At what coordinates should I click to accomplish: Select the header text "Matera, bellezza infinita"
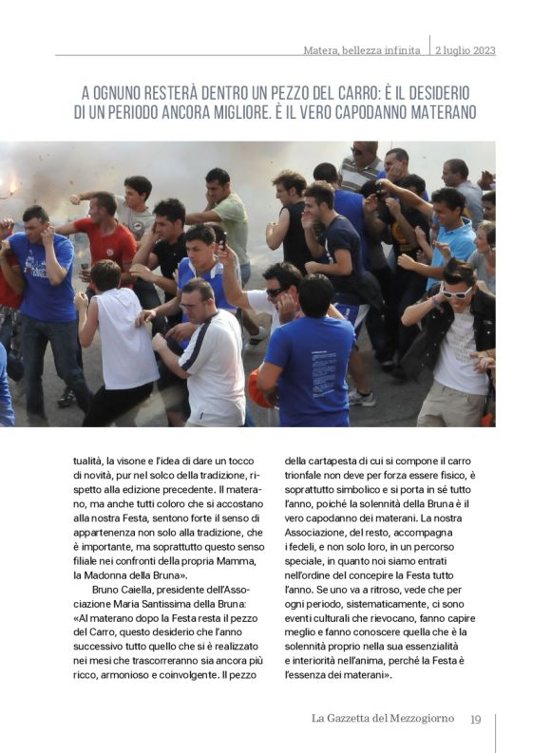tap(363, 50)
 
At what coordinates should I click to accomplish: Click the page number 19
tap(476, 718)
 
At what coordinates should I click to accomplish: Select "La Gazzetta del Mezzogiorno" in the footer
tap(384, 718)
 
